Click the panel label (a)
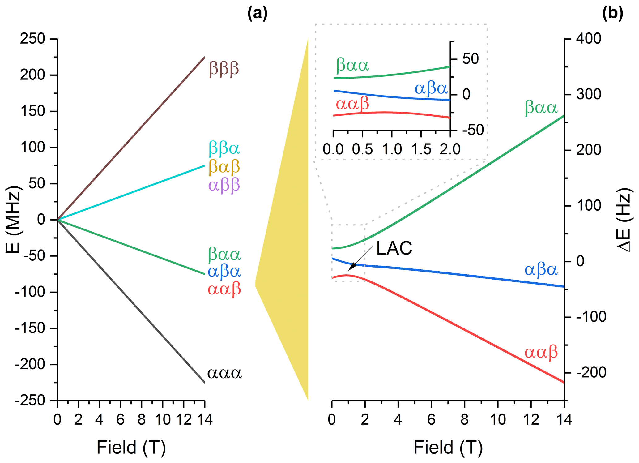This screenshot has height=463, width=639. click(257, 14)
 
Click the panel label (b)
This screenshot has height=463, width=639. click(612, 14)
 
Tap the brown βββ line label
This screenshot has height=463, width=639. click(224, 69)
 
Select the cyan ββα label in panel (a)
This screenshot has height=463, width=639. click(224, 148)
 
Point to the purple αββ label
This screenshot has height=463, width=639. click(224, 186)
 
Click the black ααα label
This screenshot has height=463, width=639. click(224, 373)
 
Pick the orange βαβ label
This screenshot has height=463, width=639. click(224, 167)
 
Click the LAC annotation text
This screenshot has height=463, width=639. click(394, 248)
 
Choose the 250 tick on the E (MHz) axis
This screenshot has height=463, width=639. click(32, 39)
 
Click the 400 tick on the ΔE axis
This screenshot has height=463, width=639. click(589, 39)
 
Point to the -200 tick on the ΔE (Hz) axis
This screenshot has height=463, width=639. click(591, 373)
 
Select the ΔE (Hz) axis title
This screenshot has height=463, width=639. click(624, 220)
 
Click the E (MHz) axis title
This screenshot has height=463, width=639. click(13, 220)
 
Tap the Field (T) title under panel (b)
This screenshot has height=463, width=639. click(448, 448)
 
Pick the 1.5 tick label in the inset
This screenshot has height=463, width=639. click(421, 149)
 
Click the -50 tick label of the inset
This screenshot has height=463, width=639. click(473, 130)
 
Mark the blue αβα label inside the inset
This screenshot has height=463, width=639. click(431, 89)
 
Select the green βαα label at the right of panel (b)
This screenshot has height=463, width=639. click(541, 108)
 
